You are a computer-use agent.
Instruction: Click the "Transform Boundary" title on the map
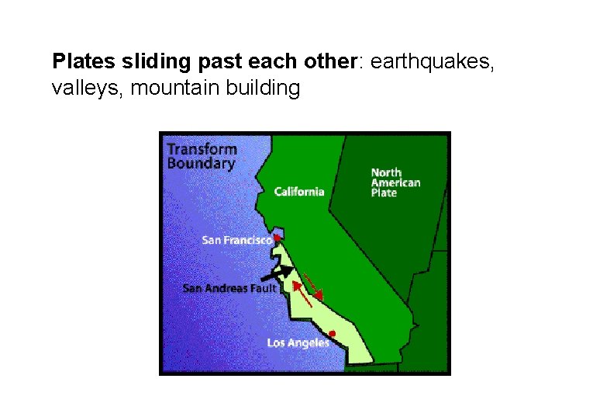point(202,155)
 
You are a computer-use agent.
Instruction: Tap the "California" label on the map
point(299,192)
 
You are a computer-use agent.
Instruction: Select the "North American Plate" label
point(395,182)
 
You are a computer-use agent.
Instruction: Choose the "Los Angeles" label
point(298,343)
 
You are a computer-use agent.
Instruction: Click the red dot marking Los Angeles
point(332,334)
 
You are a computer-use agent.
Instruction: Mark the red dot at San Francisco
point(277,238)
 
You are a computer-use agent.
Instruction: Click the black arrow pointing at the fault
point(277,273)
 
